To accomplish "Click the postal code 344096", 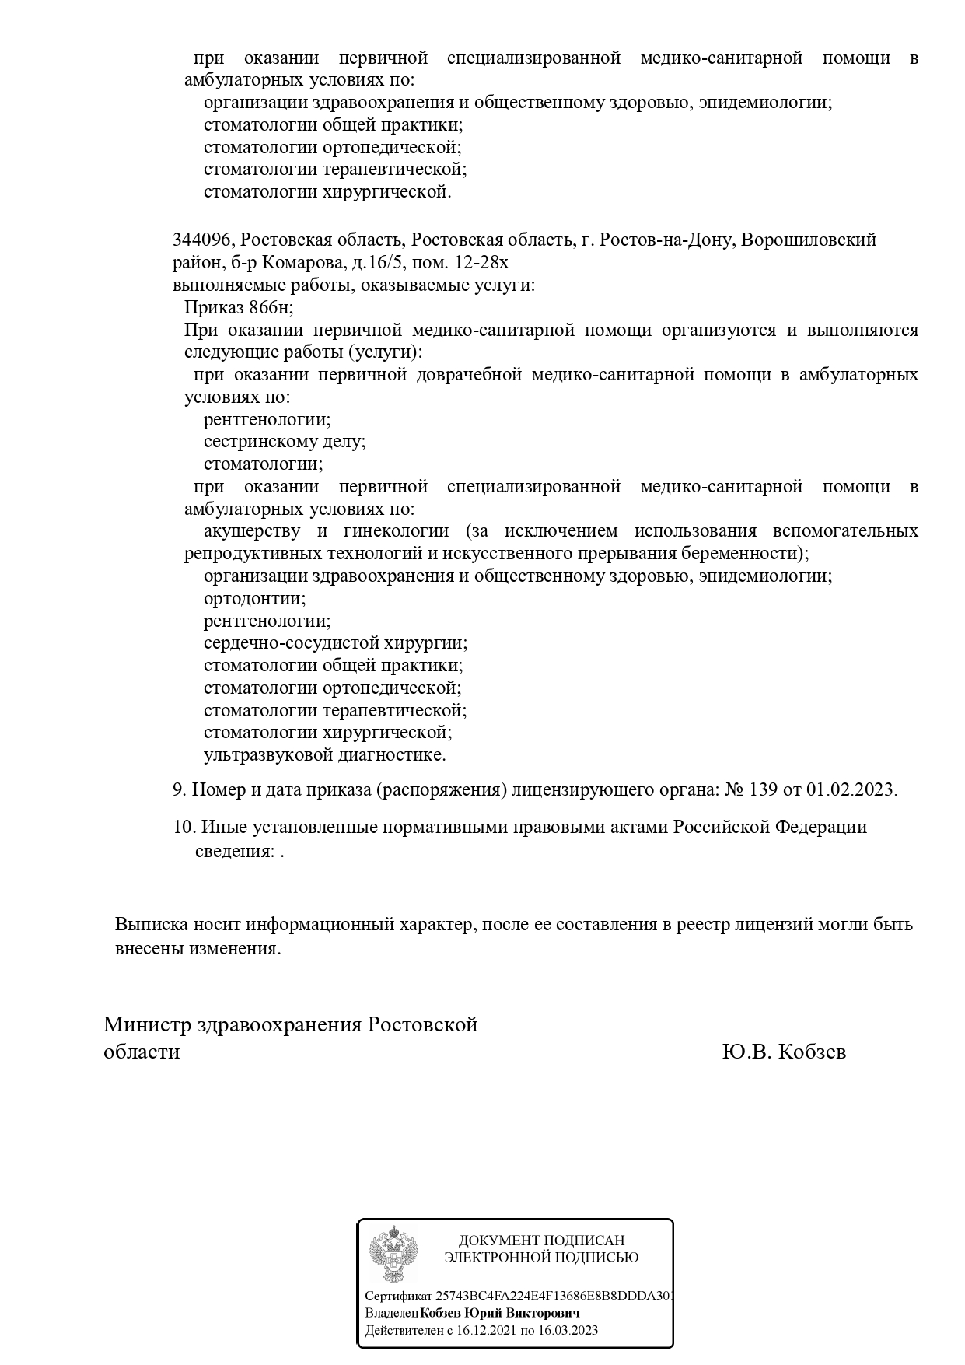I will [x=200, y=240].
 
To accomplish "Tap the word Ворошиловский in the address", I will [x=809, y=240].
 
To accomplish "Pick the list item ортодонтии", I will [x=253, y=599].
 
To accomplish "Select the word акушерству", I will [x=252, y=531].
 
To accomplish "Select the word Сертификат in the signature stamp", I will [x=399, y=1297].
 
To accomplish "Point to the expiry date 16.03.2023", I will [x=569, y=1331].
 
